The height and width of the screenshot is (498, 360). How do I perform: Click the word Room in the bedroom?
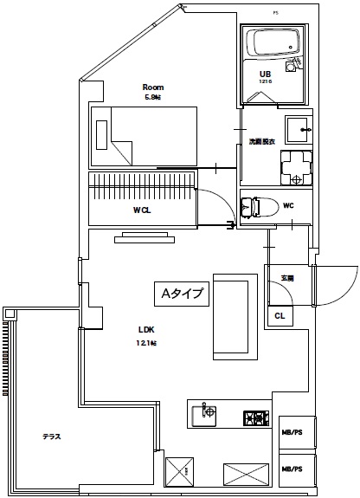[x=153, y=87]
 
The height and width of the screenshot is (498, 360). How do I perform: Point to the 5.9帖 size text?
[x=153, y=97]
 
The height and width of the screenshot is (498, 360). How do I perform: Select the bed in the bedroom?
[x=144, y=137]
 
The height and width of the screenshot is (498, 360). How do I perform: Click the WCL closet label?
[x=143, y=210]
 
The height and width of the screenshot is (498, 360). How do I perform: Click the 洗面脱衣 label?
[x=262, y=141]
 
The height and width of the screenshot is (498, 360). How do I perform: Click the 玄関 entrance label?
[x=286, y=277]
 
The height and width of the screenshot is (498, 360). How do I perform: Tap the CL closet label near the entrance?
[x=280, y=316]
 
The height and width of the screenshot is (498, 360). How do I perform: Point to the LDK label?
[x=146, y=329]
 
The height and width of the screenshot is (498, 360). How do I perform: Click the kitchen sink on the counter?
[x=205, y=414]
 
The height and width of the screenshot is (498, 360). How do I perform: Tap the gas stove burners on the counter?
[x=255, y=417]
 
